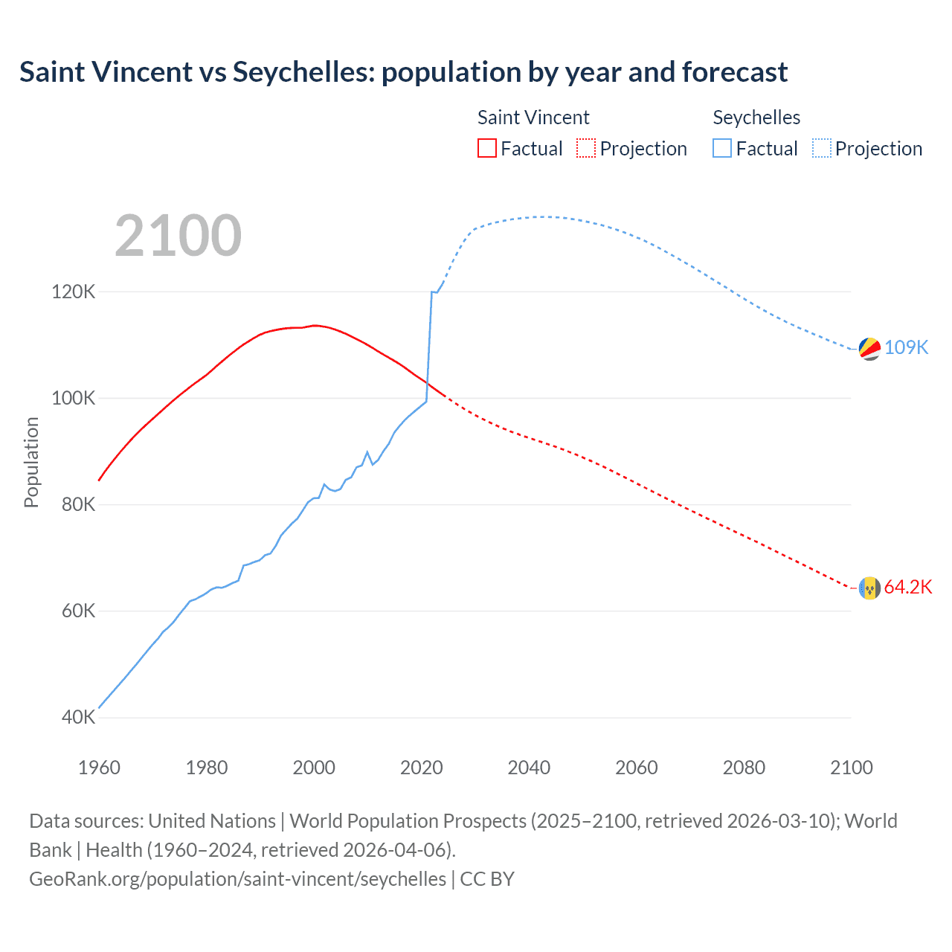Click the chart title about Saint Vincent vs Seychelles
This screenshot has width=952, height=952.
(x=403, y=72)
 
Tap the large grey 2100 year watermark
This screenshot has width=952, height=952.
(x=178, y=236)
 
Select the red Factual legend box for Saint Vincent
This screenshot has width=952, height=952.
(x=486, y=148)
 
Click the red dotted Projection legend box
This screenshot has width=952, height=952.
(x=586, y=148)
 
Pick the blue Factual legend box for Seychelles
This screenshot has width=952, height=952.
(x=722, y=148)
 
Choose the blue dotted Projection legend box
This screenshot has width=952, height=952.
(x=822, y=148)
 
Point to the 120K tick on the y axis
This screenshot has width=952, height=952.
(x=73, y=292)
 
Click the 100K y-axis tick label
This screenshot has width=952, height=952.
(x=73, y=398)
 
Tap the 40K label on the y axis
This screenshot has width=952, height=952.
(x=78, y=718)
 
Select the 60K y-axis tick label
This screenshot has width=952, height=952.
(x=78, y=611)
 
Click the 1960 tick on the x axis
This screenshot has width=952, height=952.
(x=99, y=768)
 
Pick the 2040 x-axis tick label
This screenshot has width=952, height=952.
(x=529, y=768)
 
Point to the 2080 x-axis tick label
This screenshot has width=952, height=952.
(x=744, y=768)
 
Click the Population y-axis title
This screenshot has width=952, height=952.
(x=31, y=462)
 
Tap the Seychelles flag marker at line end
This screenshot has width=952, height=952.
(x=869, y=348)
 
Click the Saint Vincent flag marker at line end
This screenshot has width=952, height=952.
(x=869, y=588)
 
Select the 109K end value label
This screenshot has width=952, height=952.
(x=906, y=347)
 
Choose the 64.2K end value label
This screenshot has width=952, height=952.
(x=907, y=587)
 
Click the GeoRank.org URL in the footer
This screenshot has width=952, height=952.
(x=237, y=879)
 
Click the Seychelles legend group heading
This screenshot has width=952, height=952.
(x=756, y=118)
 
